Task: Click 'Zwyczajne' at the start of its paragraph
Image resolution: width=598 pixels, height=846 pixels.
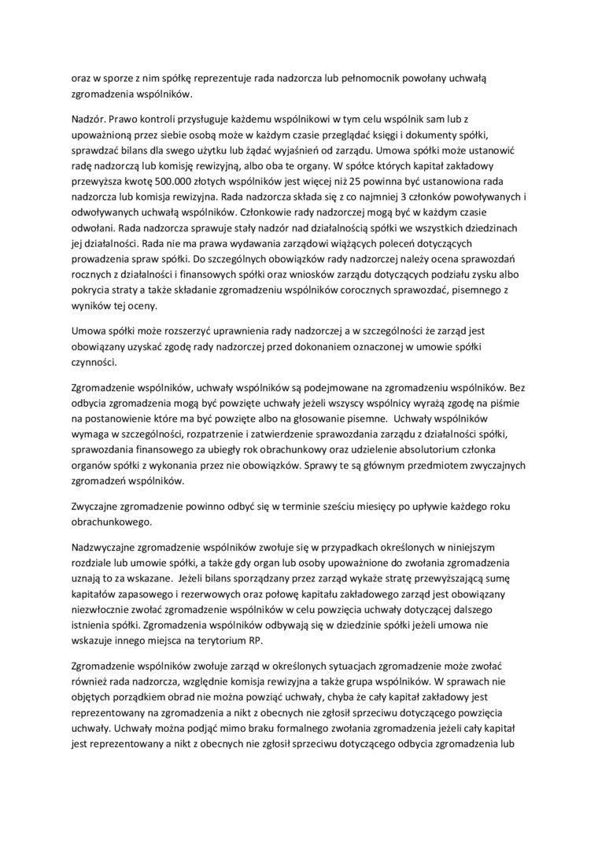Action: [x=98, y=506]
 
